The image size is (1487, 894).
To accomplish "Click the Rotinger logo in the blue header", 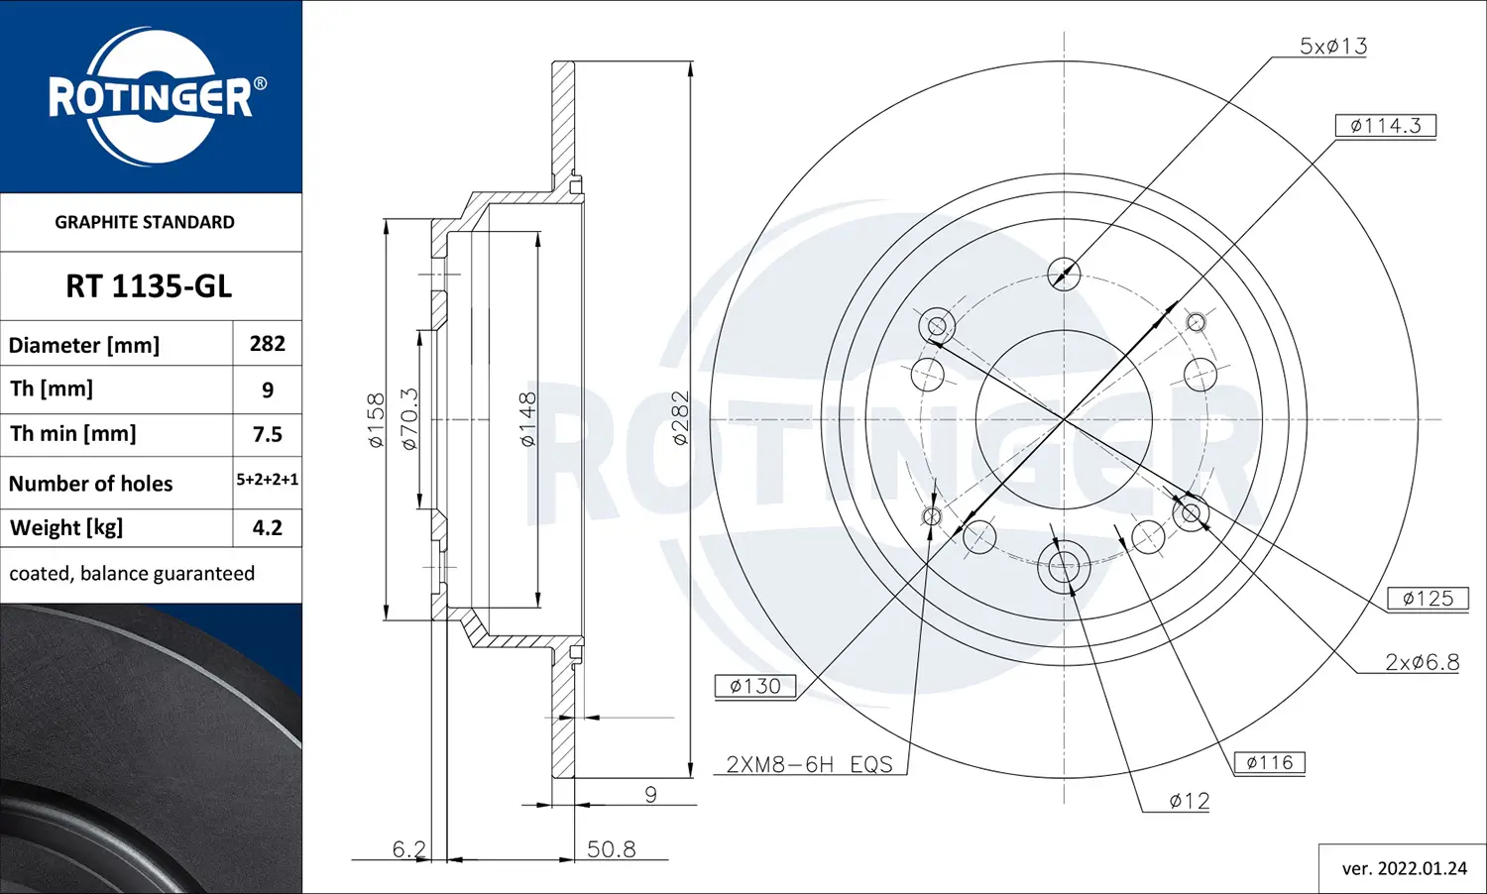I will [151, 97].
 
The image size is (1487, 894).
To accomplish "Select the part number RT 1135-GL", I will [149, 286].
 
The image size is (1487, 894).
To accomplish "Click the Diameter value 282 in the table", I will [267, 344].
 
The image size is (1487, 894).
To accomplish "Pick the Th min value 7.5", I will [267, 434].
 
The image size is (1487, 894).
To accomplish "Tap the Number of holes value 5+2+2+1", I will [267, 480].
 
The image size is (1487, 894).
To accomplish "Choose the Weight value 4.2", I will [267, 527].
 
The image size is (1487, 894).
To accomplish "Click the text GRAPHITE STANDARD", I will [145, 222].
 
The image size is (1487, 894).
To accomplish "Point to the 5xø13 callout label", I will [1332, 46].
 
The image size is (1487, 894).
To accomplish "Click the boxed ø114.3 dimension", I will [1385, 126].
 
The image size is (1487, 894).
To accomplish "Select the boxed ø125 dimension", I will [1428, 599].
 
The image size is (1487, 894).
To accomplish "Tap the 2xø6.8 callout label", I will [1422, 662].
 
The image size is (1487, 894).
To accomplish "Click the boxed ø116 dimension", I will [1269, 762].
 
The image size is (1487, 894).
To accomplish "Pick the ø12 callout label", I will [1189, 801].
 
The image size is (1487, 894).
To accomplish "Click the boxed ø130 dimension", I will [754, 686].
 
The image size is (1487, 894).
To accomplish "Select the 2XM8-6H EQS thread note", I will [809, 764].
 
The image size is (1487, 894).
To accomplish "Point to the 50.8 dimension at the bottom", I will [611, 849].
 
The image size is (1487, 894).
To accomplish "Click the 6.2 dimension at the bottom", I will [408, 849].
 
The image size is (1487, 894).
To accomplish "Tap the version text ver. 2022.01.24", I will [1404, 868].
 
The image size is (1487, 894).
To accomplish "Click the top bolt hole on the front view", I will [1064, 274].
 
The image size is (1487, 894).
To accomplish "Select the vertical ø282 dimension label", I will [680, 418].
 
